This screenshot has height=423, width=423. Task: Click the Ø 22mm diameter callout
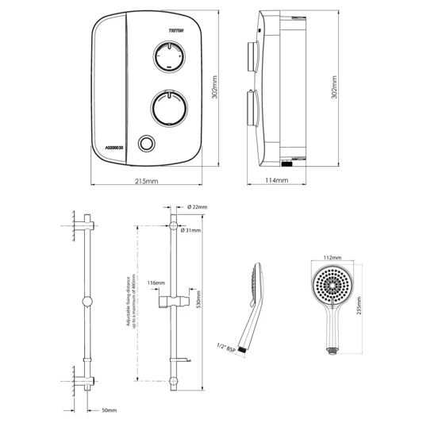tap(198, 207)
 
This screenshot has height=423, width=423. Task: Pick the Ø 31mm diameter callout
tap(191, 230)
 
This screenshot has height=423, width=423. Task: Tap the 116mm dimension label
tap(156, 283)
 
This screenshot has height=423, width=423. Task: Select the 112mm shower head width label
tap(333, 258)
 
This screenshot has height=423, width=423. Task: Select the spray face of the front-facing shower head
tap(333, 284)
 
